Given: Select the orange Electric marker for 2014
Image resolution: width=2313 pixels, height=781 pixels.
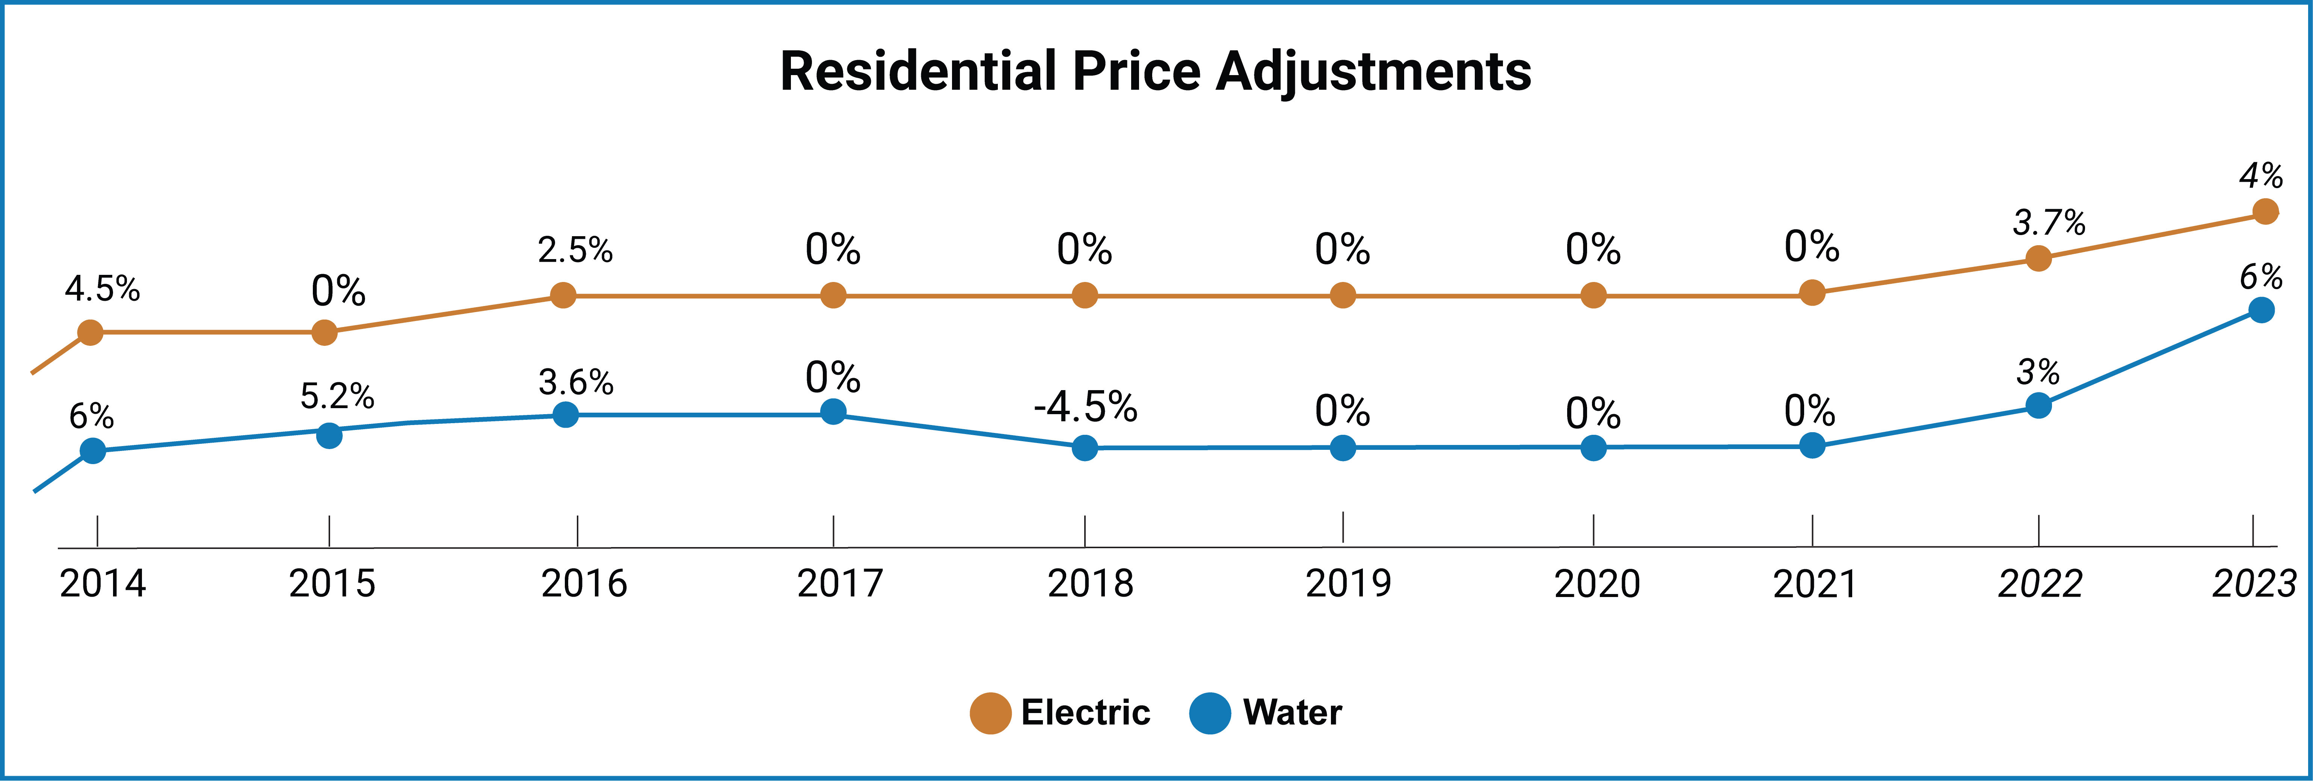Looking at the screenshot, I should pyautogui.click(x=91, y=333).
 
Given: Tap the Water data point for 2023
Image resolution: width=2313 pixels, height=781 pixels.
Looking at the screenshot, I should pyautogui.click(x=2261, y=310).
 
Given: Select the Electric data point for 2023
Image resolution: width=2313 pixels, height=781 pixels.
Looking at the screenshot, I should pyautogui.click(x=2265, y=212).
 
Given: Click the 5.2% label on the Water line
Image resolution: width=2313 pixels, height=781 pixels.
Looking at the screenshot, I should pyautogui.click(x=337, y=396).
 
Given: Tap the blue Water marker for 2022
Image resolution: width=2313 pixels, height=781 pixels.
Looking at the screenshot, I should pyautogui.click(x=2038, y=406).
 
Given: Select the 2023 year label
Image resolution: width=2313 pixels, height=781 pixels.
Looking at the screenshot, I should pyautogui.click(x=2253, y=583).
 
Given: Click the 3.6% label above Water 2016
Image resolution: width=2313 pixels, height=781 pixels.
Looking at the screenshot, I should pyautogui.click(x=576, y=382).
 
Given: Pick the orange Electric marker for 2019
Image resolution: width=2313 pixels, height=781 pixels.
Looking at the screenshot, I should pyautogui.click(x=1342, y=296).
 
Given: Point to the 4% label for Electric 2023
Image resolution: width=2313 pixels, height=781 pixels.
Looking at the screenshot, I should pyautogui.click(x=2260, y=175).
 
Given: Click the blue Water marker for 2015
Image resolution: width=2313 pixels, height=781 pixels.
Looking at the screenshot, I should pyautogui.click(x=329, y=436).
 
